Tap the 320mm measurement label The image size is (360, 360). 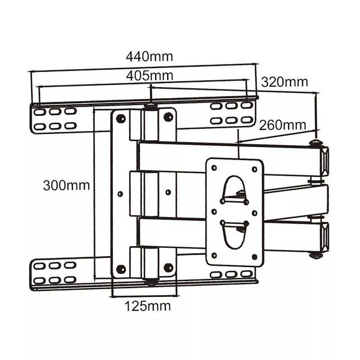284,82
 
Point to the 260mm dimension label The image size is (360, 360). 282,125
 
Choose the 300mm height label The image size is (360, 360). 66,185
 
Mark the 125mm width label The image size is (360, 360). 148,306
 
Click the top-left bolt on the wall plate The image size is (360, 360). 121,118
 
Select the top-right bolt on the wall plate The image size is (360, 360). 168,117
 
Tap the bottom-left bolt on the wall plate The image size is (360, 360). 121,269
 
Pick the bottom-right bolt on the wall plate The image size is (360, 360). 168,268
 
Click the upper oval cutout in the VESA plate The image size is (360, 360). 234,189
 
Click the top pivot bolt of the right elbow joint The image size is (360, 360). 315,143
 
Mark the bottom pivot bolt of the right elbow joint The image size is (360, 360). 315,255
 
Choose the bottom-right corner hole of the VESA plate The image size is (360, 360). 254,256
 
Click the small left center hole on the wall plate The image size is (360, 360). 120,193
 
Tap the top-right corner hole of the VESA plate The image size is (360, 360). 254,169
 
